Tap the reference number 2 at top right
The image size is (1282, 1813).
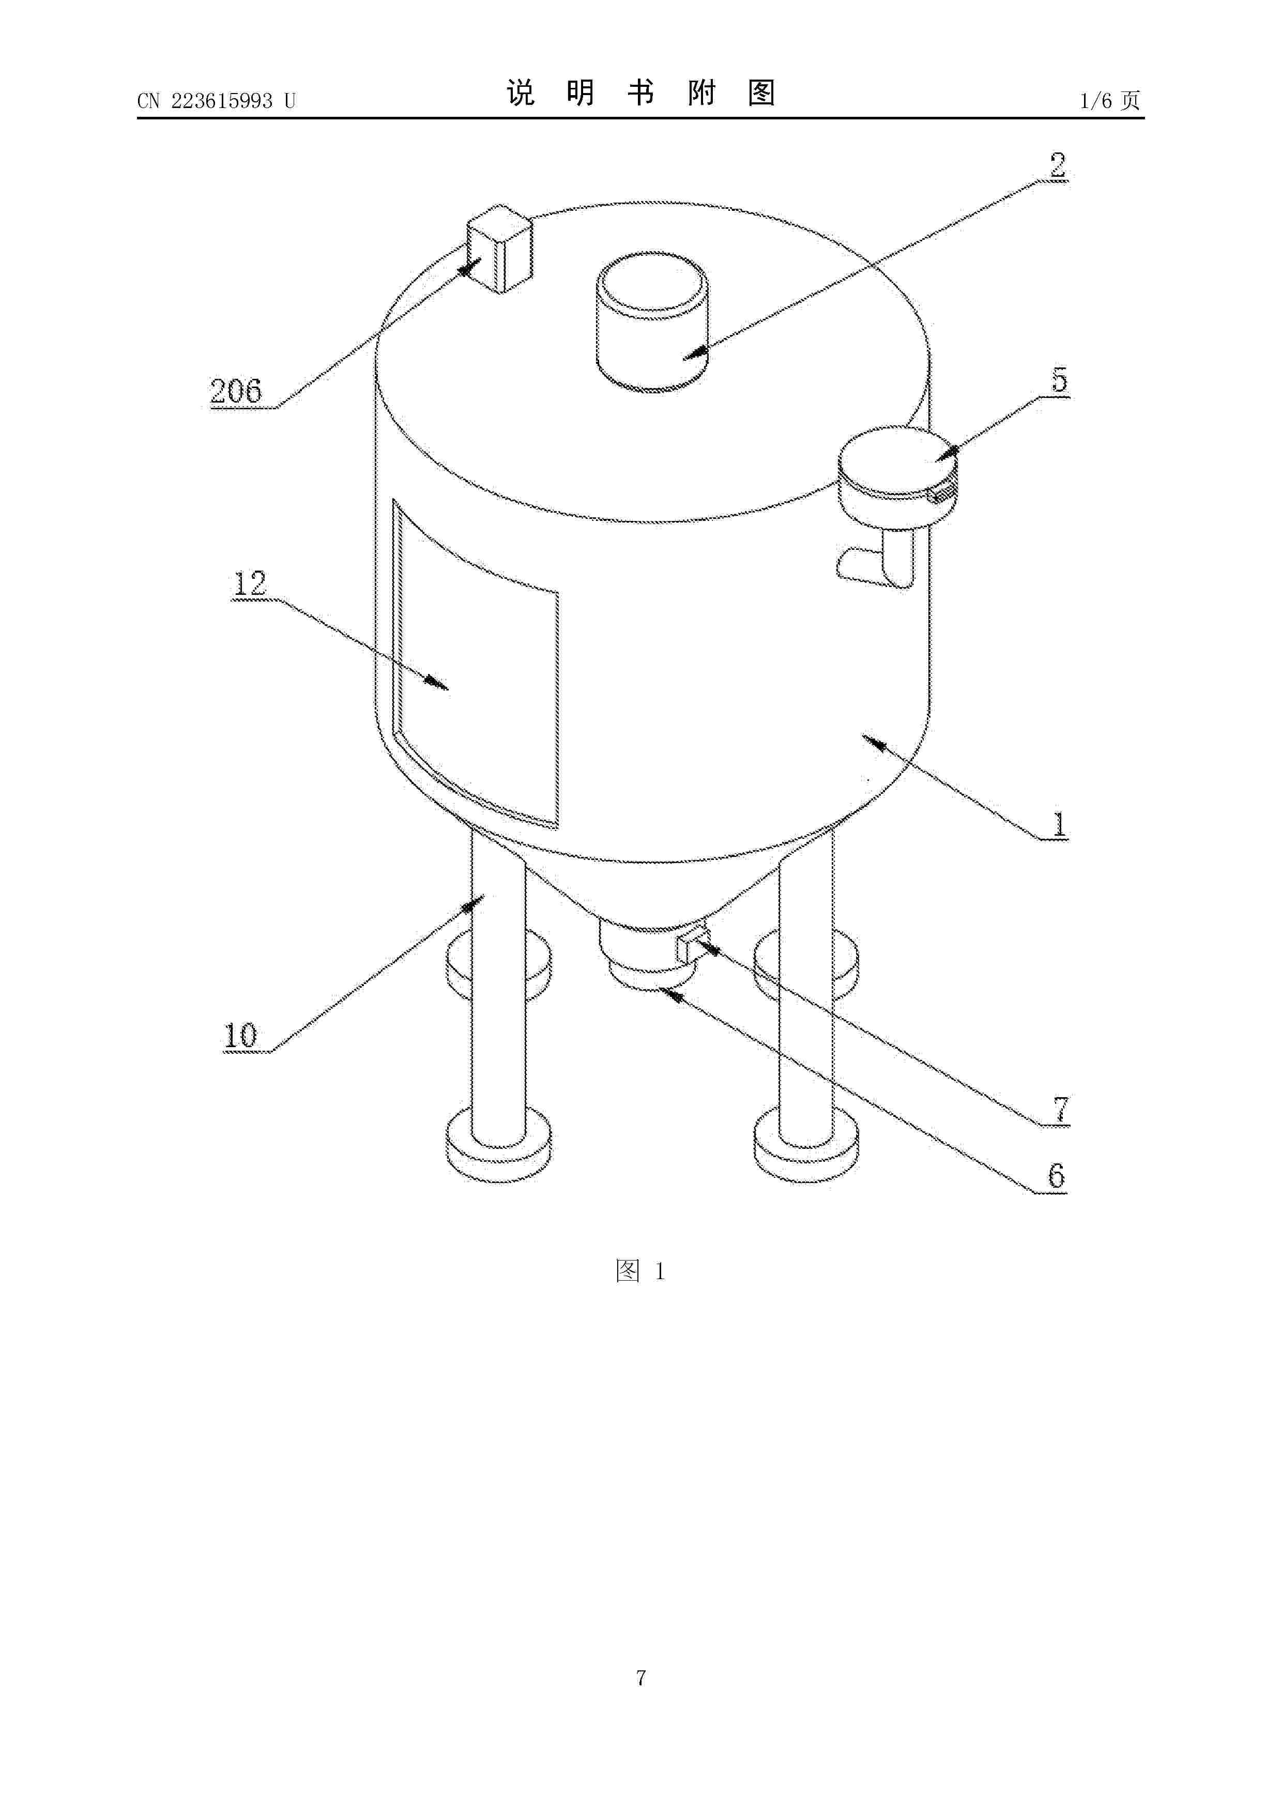coord(1057,165)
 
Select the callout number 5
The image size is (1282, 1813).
coord(1059,380)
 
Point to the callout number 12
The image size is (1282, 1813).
coord(250,583)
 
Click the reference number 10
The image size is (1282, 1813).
coord(241,1035)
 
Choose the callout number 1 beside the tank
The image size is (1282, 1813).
coord(1059,824)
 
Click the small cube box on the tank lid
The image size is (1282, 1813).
coord(500,249)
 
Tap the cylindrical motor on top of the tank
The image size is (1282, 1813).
coord(652,322)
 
